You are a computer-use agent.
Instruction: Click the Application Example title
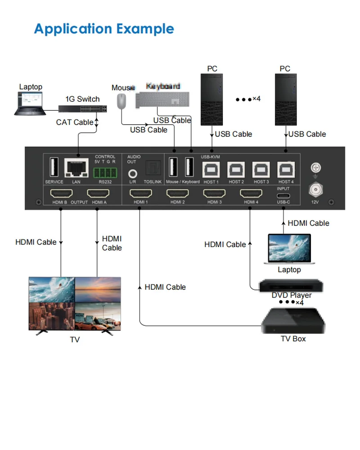(x=104, y=29)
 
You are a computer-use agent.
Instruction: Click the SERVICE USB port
(x=54, y=168)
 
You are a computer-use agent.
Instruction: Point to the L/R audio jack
(x=133, y=172)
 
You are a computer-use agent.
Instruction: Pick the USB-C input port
(x=283, y=196)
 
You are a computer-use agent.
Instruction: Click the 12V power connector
(x=315, y=190)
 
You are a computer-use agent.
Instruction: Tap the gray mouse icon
(x=121, y=101)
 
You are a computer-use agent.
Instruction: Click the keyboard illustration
(x=162, y=99)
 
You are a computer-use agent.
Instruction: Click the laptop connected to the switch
(x=30, y=103)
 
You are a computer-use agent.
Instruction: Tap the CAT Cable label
(x=75, y=122)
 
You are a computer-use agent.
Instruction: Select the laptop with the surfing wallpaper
(x=289, y=249)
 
